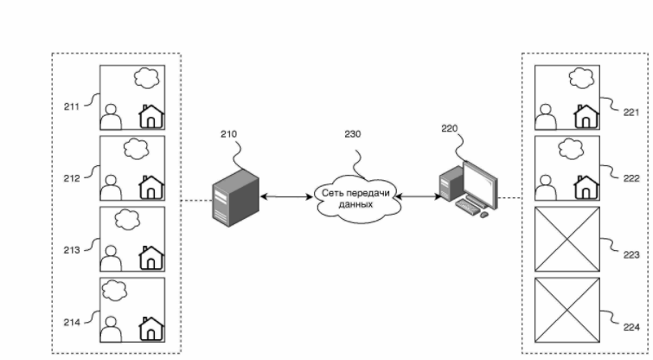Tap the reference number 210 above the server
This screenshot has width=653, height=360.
tap(229, 134)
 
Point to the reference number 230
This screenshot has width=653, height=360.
tap(353, 134)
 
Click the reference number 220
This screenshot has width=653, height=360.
tap(449, 127)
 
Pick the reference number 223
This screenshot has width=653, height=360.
tap(631, 255)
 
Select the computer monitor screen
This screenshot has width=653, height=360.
tap(481, 179)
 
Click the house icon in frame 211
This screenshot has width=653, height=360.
tap(151, 116)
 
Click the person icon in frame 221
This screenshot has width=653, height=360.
tap(546, 115)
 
